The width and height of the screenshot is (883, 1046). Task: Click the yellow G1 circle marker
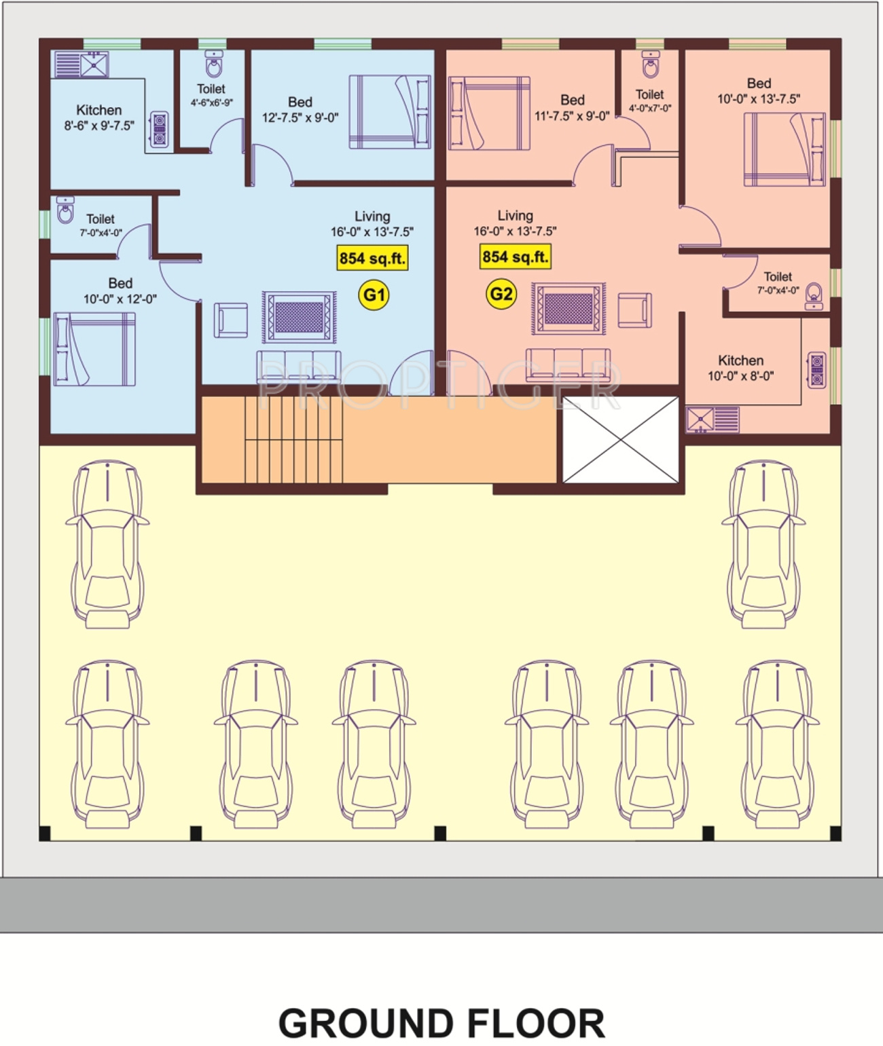374,295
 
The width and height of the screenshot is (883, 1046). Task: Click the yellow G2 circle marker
501,293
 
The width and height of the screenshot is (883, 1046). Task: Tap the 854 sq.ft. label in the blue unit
372,258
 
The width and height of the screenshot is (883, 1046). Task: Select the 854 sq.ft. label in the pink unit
516,257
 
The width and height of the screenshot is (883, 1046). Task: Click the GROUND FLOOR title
441,1024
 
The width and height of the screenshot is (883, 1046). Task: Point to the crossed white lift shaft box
621,440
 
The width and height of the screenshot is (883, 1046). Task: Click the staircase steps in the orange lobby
294,440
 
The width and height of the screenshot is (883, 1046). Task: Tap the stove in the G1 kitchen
160,130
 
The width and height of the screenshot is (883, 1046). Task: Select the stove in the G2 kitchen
817,370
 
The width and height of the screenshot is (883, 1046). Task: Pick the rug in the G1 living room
300,317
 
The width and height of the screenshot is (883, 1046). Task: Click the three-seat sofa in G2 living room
568,365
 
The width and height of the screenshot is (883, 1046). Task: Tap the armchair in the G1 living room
231,320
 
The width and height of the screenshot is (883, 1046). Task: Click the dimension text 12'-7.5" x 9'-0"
300,118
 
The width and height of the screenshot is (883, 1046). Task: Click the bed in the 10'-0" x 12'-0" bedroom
94,349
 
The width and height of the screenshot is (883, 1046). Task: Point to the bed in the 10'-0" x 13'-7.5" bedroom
785,149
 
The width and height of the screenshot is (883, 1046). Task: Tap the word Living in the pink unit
515,215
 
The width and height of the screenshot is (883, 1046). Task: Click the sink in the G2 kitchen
700,419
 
